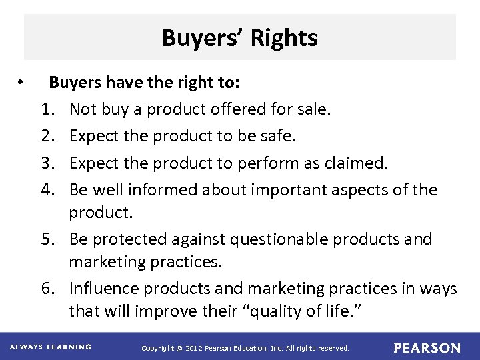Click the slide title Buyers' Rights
239,38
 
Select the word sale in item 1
311,109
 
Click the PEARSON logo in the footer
427,348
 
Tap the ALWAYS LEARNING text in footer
51,347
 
